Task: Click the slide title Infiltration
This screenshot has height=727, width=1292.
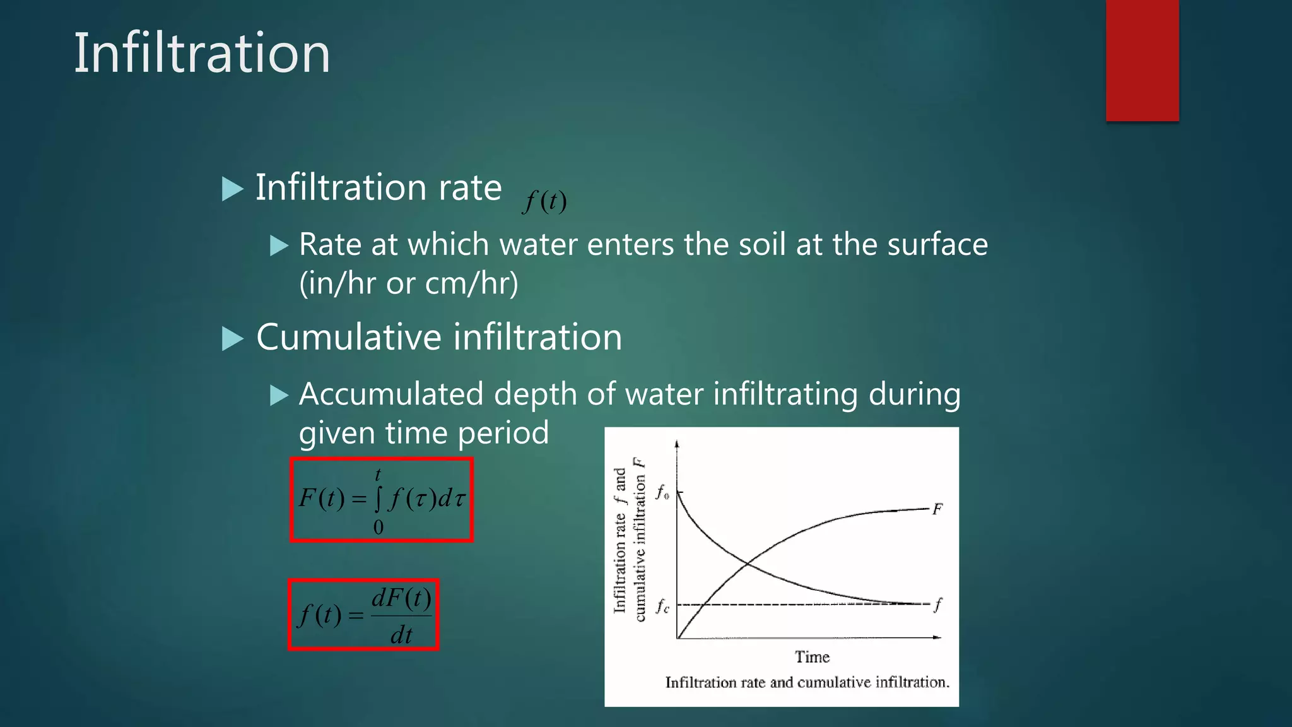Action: pos(202,53)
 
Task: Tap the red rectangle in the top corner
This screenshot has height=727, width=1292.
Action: pos(1142,60)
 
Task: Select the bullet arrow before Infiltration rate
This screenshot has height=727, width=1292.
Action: pos(233,189)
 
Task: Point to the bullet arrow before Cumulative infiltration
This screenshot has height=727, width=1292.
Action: pos(233,339)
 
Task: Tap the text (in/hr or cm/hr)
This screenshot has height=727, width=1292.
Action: pos(409,283)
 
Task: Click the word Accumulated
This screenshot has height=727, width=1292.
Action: pos(391,394)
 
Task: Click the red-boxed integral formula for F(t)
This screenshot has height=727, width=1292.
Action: pos(382,500)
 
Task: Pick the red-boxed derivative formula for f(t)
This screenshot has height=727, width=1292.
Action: pos(363,615)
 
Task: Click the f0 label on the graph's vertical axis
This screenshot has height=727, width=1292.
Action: pos(662,492)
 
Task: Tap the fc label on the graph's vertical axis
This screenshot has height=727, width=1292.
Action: pos(662,606)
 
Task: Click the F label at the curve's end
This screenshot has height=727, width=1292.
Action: pos(937,509)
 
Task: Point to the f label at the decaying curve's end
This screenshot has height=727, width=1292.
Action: pos(938,605)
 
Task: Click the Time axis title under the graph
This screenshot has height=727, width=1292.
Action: pos(812,657)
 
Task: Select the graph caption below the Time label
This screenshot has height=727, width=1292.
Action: pos(807,682)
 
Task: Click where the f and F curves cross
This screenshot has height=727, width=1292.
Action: pos(748,564)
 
